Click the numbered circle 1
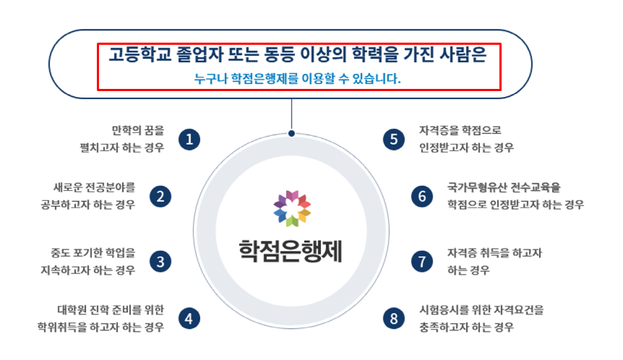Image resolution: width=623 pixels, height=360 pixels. coord(189,140)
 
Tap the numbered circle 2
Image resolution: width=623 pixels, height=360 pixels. coord(160,197)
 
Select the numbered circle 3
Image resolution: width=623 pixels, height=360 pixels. coord(160,262)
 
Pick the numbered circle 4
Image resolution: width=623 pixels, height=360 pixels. coord(189,318)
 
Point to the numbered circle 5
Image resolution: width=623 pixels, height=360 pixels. coord(394,140)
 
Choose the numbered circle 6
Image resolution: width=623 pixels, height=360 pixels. coord(422,197)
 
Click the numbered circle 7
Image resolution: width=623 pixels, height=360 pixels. coord(422,262)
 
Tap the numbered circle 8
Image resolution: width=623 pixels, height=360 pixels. coord(394,318)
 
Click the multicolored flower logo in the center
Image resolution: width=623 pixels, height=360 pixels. coord(292,209)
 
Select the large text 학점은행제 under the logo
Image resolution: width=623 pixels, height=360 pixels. coord(291,251)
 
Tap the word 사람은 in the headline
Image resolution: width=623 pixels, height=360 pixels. coord(463,54)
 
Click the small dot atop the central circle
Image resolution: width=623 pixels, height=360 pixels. coord(292,134)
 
